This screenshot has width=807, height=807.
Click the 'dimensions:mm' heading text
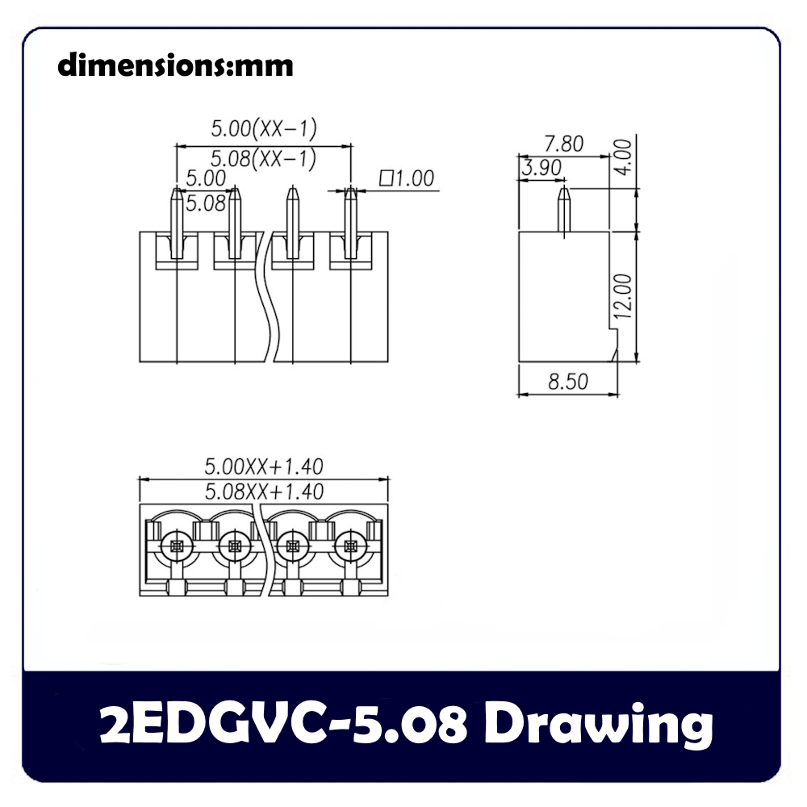click(x=175, y=65)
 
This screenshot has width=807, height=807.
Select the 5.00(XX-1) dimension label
click(x=264, y=128)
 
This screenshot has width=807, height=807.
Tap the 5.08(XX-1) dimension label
click(x=264, y=158)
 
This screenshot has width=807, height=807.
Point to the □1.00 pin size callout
click(x=406, y=178)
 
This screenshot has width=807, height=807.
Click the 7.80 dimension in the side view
click(x=562, y=144)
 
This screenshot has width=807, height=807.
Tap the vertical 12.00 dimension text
click(x=623, y=295)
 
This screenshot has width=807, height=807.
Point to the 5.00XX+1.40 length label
click(x=264, y=466)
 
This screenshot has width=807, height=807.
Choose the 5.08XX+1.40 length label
click(x=264, y=491)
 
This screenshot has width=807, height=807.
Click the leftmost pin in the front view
click(x=177, y=222)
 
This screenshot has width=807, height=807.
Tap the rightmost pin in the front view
click(x=350, y=222)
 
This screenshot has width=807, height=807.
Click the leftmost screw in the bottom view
click(x=177, y=546)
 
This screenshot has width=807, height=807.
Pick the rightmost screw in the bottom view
click(x=350, y=546)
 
